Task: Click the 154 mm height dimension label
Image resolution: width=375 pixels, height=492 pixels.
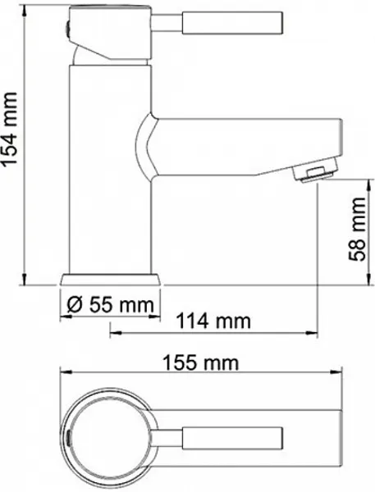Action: [9, 129]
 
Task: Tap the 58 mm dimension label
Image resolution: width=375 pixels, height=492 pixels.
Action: [357, 229]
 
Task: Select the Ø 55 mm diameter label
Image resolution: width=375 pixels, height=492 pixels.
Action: [111, 304]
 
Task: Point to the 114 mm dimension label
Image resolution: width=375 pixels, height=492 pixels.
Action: [213, 321]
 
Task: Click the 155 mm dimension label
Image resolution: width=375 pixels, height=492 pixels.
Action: [201, 362]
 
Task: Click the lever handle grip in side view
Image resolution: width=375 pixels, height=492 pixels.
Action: [232, 23]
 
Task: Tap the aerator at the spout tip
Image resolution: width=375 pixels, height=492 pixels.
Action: [315, 170]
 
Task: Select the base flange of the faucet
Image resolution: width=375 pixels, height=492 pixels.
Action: [111, 280]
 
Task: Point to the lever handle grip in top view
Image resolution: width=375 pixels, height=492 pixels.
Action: [232, 438]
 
